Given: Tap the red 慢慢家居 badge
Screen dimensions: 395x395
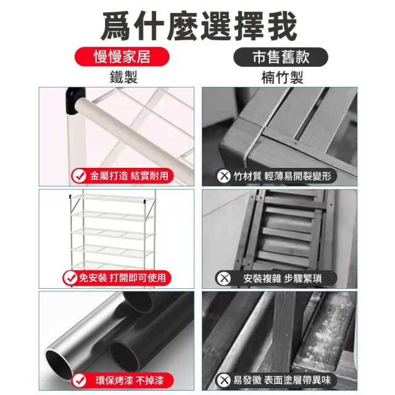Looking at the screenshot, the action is pyautogui.click(x=122, y=57).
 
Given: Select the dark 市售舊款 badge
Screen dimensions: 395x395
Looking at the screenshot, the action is pyautogui.click(x=281, y=57).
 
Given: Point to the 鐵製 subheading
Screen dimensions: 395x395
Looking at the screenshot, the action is pyautogui.click(x=123, y=77).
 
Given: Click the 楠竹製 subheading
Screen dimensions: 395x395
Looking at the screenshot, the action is pyautogui.click(x=282, y=77).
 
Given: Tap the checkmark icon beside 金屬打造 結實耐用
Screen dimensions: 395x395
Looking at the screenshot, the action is pyautogui.click(x=79, y=176).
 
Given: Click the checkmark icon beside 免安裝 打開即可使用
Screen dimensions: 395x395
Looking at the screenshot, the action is pyautogui.click(x=70, y=278).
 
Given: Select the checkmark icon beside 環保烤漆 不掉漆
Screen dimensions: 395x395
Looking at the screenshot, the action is pyautogui.click(x=79, y=380).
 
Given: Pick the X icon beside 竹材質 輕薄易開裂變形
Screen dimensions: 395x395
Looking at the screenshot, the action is pyautogui.click(x=223, y=176).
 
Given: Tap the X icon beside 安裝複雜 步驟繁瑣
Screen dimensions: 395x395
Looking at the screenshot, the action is pyautogui.click(x=223, y=278).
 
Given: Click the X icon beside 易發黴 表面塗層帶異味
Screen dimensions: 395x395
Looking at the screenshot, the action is pyautogui.click(x=223, y=380).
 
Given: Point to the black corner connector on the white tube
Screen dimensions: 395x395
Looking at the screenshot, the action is pyautogui.click(x=75, y=101).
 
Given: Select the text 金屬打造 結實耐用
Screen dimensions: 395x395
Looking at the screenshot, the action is pyautogui.click(x=129, y=176).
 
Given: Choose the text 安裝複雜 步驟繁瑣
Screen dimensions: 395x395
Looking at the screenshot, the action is pyautogui.click(x=283, y=278).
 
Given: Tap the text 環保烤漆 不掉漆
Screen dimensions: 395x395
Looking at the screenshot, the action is pyautogui.click(x=130, y=380).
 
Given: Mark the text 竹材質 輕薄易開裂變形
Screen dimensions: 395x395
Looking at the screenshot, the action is pyautogui.click(x=282, y=176).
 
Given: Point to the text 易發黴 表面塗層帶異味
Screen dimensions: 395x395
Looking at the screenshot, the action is pyautogui.click(x=281, y=380).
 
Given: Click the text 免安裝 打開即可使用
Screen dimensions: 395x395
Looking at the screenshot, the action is pyautogui.click(x=122, y=278).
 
